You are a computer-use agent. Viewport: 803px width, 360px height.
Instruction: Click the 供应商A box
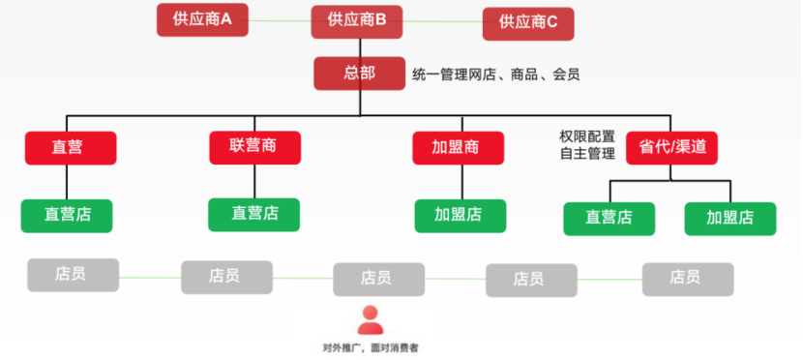point(202,19)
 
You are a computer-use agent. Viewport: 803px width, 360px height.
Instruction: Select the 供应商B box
point(357,20)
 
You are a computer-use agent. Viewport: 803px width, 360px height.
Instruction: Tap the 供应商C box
point(528,22)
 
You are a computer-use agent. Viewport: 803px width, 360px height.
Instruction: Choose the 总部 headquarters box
point(358,74)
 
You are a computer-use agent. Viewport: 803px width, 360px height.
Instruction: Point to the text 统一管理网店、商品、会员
point(495,74)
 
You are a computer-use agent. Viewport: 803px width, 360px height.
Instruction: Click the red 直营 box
point(70,148)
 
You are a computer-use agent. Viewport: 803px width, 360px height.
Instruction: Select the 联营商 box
point(254,147)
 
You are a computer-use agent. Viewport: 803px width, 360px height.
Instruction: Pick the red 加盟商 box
point(458,148)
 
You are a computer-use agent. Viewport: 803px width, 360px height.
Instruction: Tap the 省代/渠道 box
point(671,147)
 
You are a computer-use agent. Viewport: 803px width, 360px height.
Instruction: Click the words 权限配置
point(587,136)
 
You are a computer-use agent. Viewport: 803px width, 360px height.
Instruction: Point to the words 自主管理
point(587,155)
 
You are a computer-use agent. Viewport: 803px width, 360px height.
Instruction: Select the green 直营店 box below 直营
point(66,215)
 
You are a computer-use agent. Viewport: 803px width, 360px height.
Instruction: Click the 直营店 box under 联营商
point(254,214)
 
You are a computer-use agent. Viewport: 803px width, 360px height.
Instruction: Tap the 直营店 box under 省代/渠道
point(609,218)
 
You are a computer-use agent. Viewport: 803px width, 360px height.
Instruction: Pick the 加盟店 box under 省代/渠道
point(729,218)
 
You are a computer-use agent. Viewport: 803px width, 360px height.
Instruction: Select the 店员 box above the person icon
point(378,279)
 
